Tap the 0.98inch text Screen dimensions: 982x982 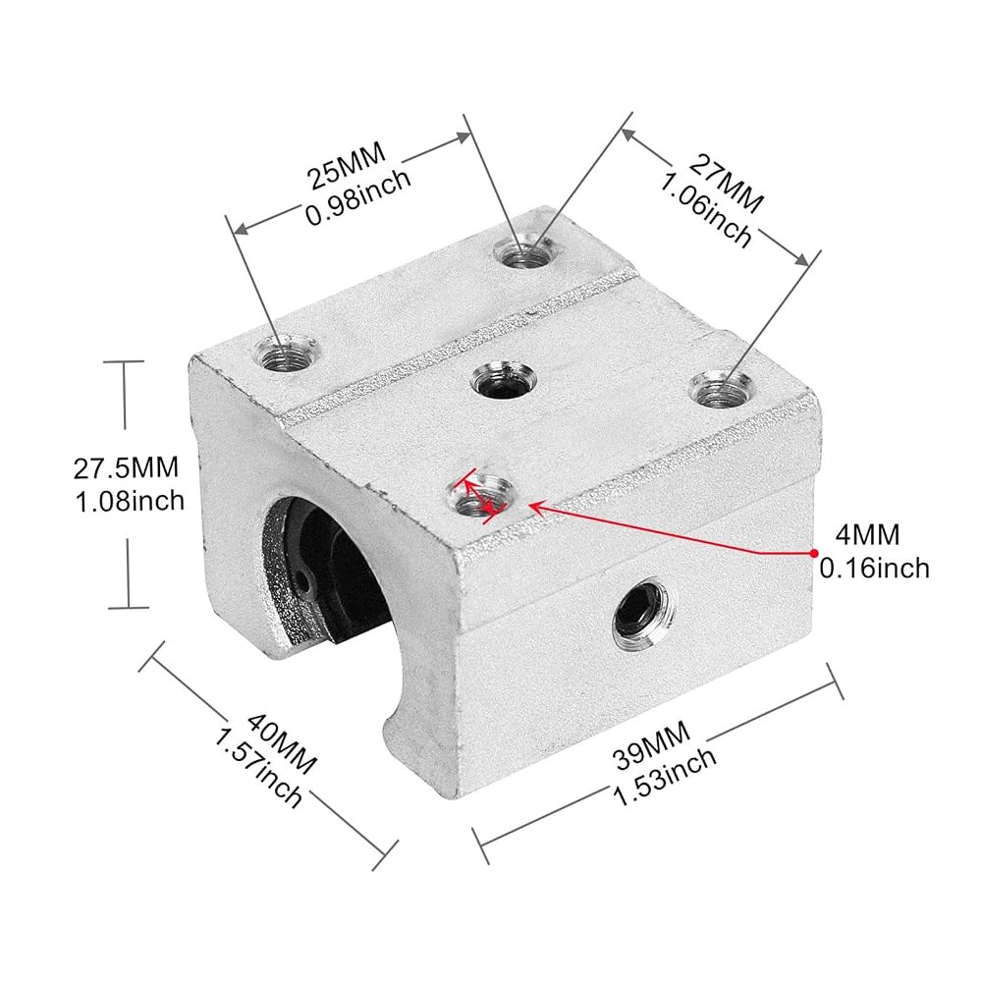coord(358,198)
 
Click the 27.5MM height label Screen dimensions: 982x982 coord(126,467)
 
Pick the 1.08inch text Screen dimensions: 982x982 coord(130,501)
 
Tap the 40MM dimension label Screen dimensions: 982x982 coord(281,744)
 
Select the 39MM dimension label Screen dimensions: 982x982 coord(651,745)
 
